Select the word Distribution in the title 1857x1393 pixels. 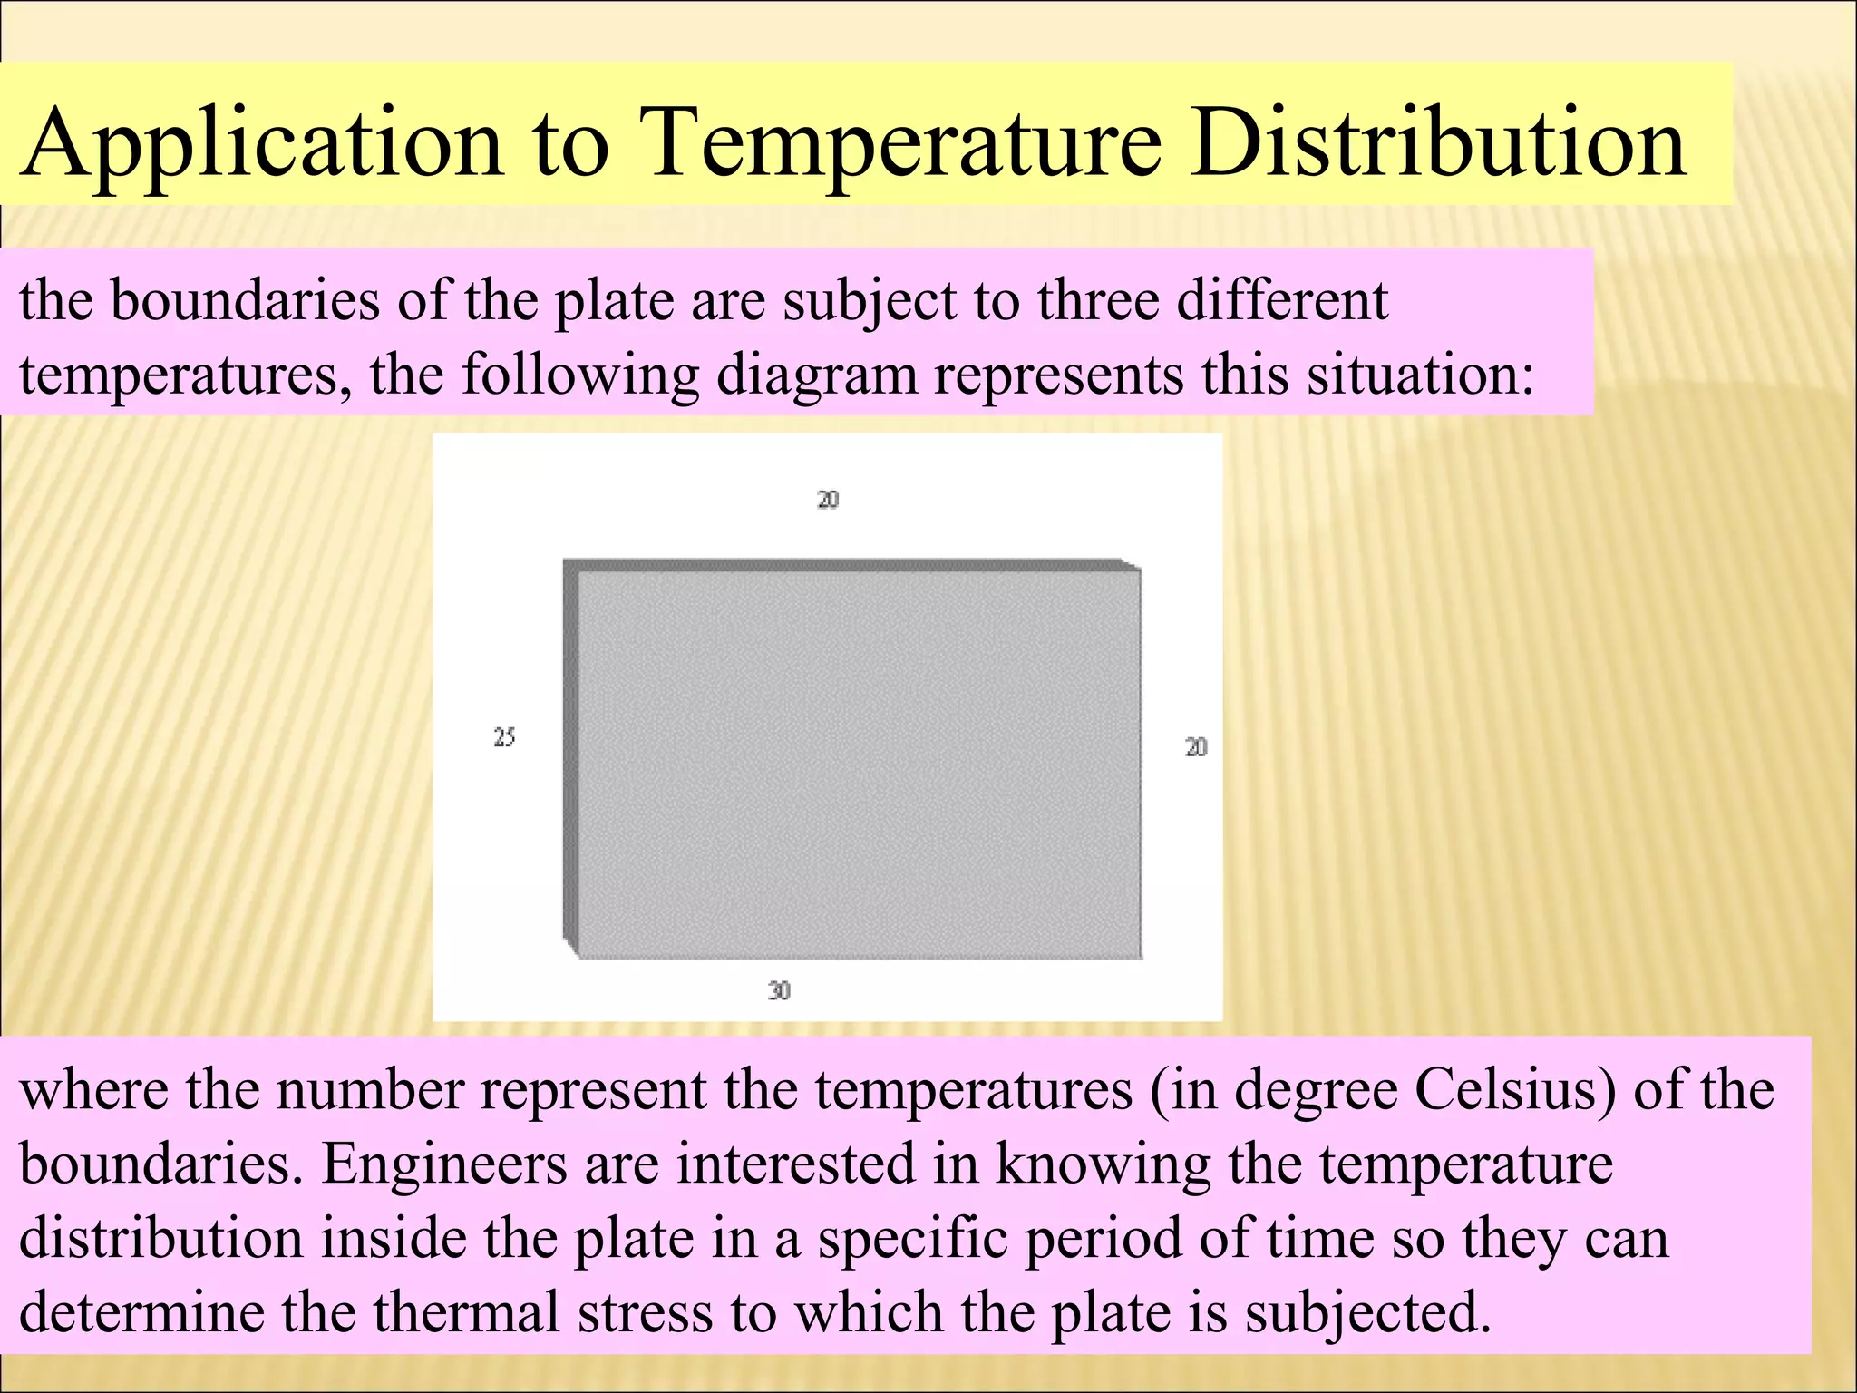coord(1439,142)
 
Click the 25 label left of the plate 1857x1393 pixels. coord(504,737)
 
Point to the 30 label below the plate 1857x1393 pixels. coord(779,990)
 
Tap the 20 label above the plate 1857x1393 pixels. coord(828,500)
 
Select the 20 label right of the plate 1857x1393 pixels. coord(1196,747)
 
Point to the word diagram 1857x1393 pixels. coord(817,374)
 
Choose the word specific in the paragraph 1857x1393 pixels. coord(911,1239)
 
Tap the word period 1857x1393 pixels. coord(1104,1239)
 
